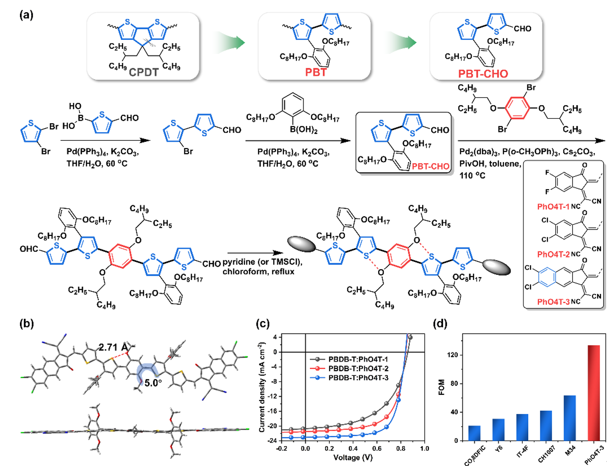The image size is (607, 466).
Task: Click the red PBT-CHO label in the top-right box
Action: point(483,74)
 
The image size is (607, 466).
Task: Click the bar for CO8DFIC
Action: point(474,433)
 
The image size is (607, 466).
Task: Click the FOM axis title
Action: point(442,387)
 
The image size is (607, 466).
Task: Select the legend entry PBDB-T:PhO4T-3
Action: point(358,378)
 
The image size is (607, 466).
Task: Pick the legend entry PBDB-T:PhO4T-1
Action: point(358,359)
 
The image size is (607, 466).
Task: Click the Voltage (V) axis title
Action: point(353,458)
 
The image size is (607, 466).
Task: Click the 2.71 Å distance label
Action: point(113,347)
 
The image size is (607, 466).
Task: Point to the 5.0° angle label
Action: point(153,383)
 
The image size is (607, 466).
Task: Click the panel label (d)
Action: point(440,324)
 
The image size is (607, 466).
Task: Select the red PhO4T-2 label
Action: point(553,254)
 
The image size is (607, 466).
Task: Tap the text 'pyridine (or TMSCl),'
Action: point(262,262)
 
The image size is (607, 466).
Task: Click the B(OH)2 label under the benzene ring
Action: point(303,130)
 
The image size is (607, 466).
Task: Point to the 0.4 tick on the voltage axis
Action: point(353,448)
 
